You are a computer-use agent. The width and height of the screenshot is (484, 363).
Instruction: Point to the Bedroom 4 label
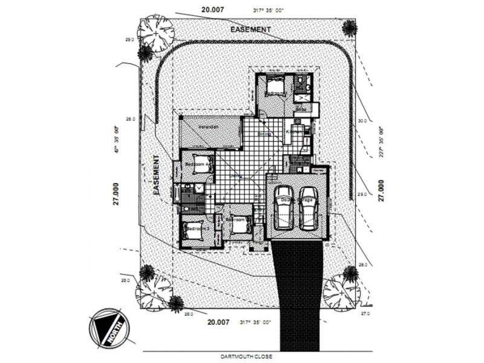pyautogui.click(x=197, y=164)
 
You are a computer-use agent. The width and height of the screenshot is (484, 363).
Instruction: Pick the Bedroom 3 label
pyautogui.click(x=197, y=229)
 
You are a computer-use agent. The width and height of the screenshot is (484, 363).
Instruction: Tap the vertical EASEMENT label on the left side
pyautogui.click(x=155, y=175)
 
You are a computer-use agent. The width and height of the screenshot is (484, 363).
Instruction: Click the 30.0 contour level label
pyautogui.click(x=362, y=121)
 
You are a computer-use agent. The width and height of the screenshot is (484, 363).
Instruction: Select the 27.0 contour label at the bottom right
pyautogui.click(x=365, y=315)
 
